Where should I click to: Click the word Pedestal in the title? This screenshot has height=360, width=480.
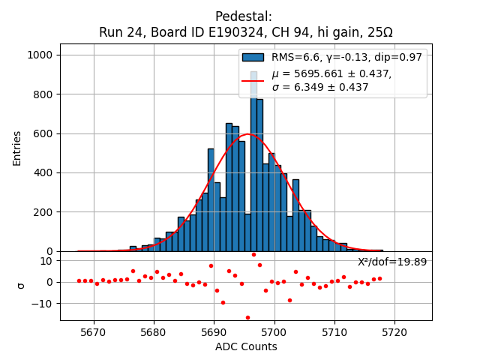[244, 16]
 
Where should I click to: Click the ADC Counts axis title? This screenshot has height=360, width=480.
[245, 346]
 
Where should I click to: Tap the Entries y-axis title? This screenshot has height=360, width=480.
[16, 148]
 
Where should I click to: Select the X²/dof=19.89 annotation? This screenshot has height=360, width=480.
[391, 262]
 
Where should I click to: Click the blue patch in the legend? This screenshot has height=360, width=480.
[253, 57]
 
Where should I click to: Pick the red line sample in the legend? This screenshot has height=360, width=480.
[253, 80]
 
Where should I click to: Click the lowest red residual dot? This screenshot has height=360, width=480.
[247, 317]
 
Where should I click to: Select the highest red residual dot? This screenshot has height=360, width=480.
[253, 254]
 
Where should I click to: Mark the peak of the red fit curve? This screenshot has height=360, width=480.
[249, 134]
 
